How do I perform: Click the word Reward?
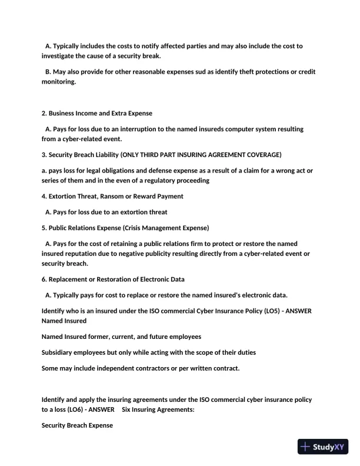pos(148,196)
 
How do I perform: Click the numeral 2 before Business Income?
pos(44,113)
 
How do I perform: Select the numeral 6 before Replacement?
pos(44,279)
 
